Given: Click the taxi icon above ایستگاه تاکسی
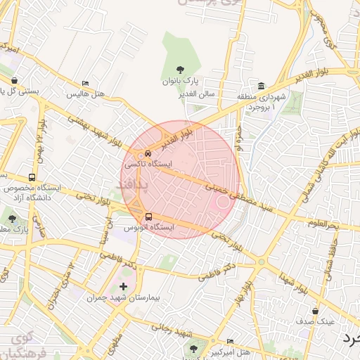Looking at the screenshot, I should click(148, 153).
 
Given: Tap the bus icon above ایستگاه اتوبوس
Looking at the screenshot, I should click(148, 217).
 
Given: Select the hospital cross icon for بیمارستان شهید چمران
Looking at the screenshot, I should click(124, 286).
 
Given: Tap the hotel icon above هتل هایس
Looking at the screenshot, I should click(85, 84).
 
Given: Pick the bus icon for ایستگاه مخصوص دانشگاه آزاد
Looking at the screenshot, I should click(32, 178).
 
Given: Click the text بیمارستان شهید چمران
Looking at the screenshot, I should click(123, 298).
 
